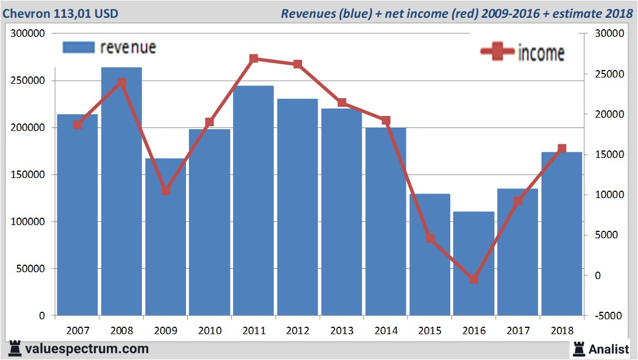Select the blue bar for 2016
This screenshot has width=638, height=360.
point(474,264)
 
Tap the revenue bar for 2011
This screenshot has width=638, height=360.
point(253,201)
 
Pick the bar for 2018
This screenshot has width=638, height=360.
point(562,235)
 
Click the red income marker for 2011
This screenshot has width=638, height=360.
point(254,59)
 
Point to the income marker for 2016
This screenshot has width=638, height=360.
point(474,280)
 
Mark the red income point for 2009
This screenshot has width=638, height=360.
point(165,190)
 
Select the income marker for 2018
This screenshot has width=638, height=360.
point(562,149)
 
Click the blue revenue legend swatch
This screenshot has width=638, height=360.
point(78,48)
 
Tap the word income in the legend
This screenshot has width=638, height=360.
point(541,53)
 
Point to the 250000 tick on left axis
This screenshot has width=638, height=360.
point(28,81)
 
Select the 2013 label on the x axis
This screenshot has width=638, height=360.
point(342,331)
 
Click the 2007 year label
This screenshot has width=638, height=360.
point(78,331)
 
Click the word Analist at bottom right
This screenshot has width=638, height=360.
point(609,349)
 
